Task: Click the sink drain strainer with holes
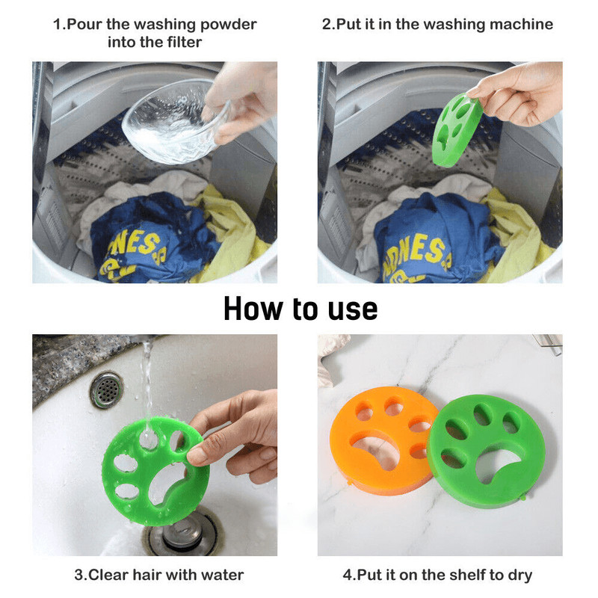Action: click(x=107, y=389)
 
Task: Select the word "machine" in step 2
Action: click(x=524, y=24)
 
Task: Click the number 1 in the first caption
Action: click(x=57, y=24)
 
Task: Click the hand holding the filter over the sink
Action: click(x=239, y=434)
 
